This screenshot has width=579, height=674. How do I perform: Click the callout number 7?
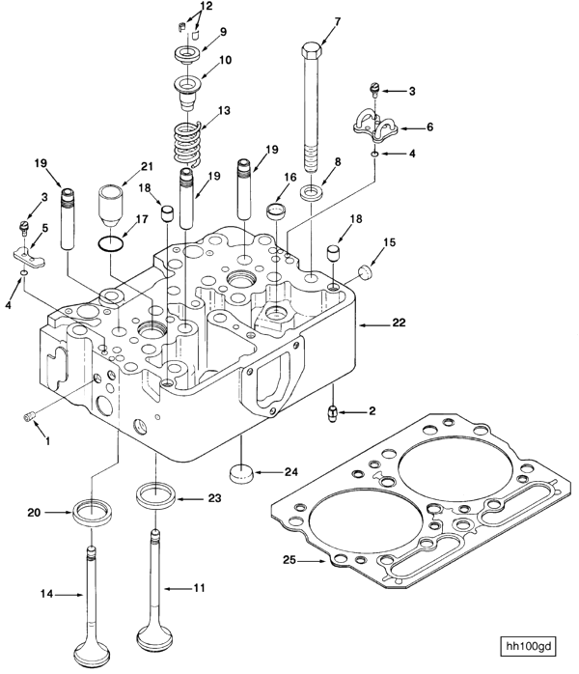(338, 21)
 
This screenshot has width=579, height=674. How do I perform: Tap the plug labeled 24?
(242, 474)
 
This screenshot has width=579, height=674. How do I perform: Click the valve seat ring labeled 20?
(93, 510)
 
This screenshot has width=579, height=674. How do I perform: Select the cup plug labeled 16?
(278, 212)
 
